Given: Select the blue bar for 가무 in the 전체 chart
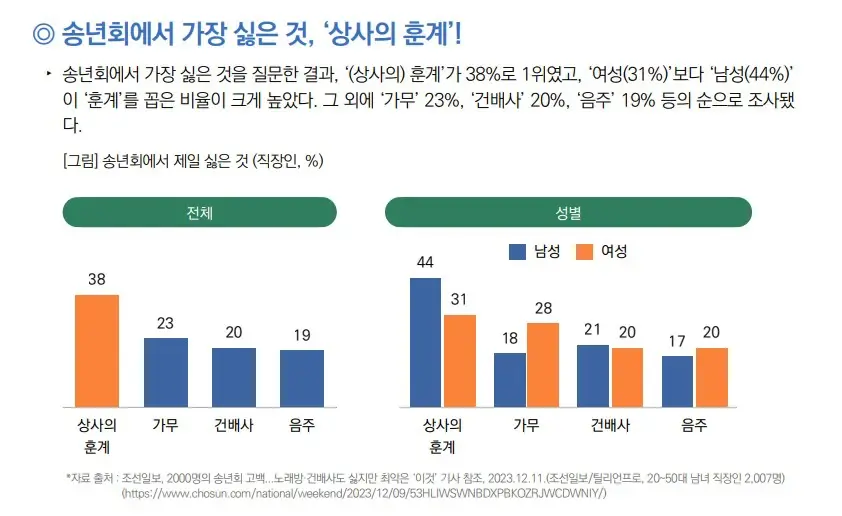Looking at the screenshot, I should (x=165, y=372).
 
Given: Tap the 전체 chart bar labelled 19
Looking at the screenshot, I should (x=301, y=378).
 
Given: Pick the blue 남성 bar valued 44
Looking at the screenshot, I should (x=426, y=342).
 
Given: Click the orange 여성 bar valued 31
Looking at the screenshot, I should (x=460, y=360).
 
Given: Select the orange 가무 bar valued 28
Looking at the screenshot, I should (x=543, y=365).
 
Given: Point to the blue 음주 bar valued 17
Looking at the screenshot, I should (x=677, y=381).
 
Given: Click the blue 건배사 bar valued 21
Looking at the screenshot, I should (x=593, y=376).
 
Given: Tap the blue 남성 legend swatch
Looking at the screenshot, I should (x=518, y=252).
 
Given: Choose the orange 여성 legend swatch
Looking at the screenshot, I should (x=585, y=252).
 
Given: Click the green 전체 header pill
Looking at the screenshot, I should (x=198, y=213).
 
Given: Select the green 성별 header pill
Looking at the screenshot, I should (x=568, y=213).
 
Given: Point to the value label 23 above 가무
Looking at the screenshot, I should (x=166, y=324).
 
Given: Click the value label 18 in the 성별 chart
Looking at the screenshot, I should (x=510, y=338).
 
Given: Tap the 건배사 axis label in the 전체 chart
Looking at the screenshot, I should (x=233, y=424).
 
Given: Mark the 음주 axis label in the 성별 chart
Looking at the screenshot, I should (x=694, y=424).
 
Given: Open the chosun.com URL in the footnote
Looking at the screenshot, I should (x=364, y=494).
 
